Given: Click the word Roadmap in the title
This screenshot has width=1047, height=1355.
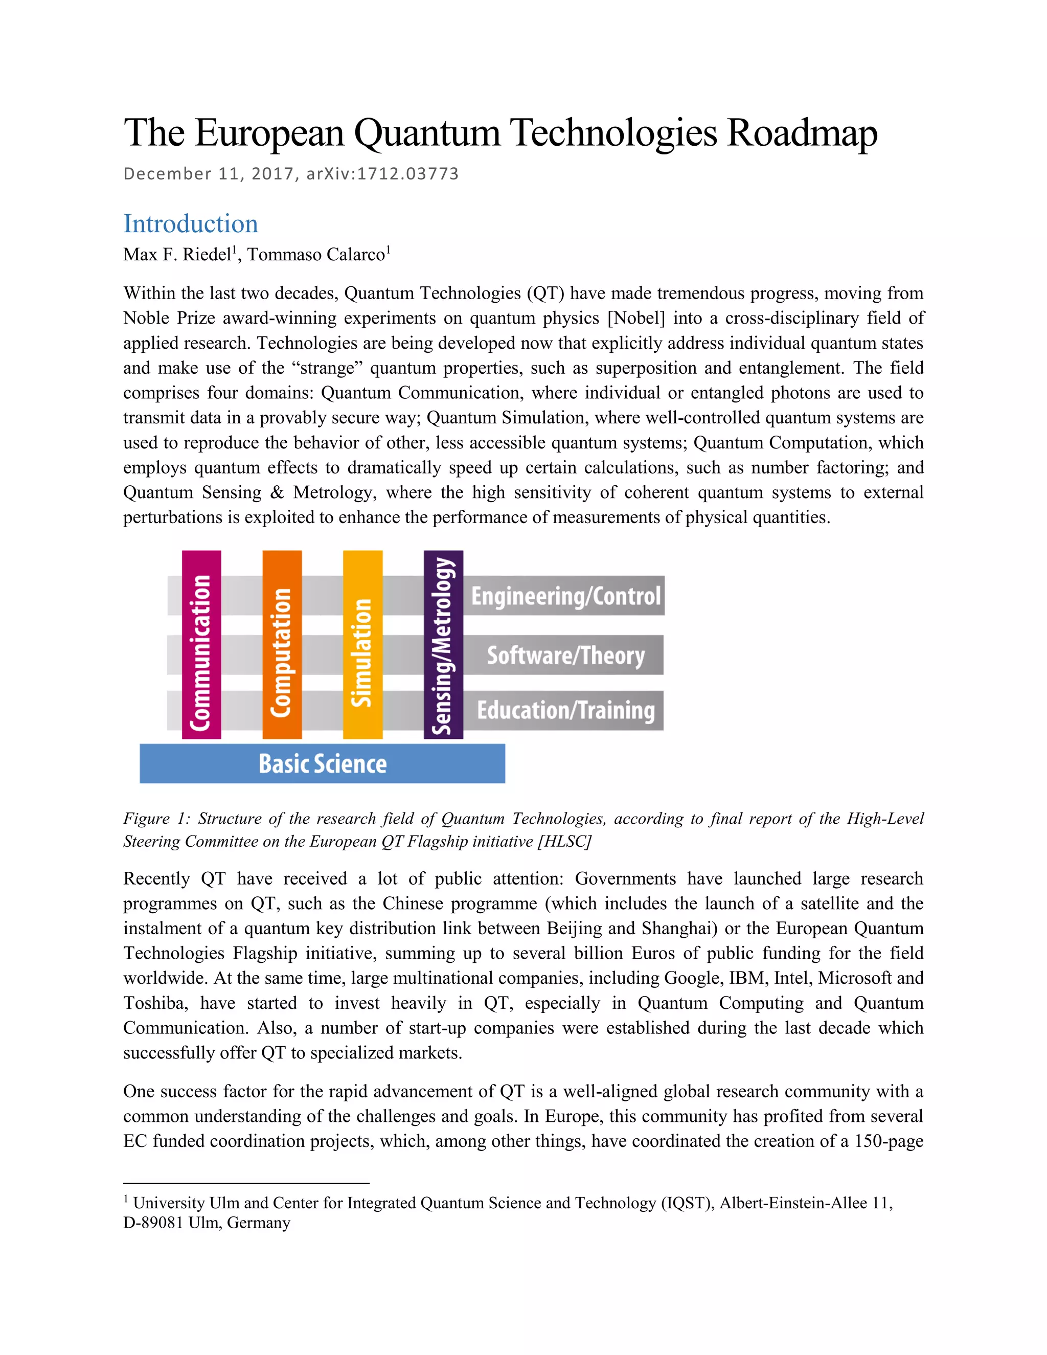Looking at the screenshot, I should click(x=802, y=133).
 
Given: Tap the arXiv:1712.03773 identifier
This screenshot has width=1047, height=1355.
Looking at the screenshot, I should click(x=383, y=174).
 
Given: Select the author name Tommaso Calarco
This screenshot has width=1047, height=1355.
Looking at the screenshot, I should click(x=316, y=255).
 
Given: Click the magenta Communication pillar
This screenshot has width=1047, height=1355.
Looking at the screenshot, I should click(x=201, y=645).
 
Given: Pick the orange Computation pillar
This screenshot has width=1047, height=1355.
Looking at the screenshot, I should click(x=282, y=645).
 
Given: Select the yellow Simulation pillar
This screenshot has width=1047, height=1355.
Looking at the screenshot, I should click(x=362, y=645).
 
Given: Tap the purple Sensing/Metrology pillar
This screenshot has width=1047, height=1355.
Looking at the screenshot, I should click(x=443, y=645).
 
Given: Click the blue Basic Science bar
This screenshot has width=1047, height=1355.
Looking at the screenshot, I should click(x=322, y=764).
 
